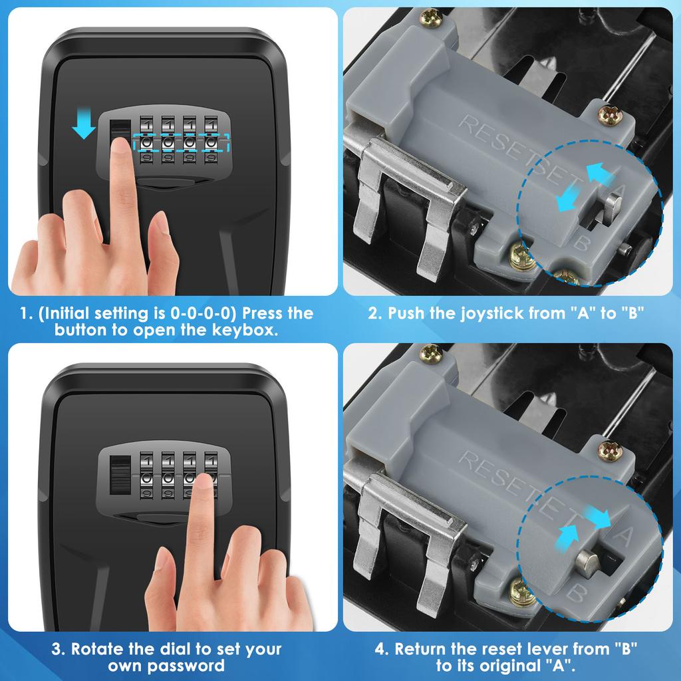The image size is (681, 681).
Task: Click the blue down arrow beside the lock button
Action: [84, 125]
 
